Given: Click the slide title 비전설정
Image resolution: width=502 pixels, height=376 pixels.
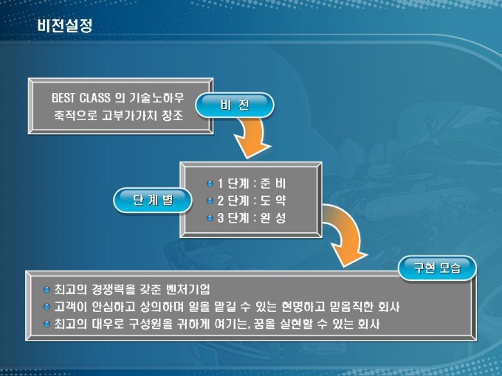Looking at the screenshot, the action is pyautogui.click(x=65, y=26).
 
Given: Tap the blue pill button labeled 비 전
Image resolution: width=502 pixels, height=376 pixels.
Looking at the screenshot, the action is pyautogui.click(x=235, y=105).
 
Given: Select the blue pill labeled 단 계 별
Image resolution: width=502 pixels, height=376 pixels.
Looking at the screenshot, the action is pyautogui.click(x=153, y=200).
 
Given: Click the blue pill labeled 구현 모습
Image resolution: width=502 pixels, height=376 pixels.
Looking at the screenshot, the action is pyautogui.click(x=437, y=268).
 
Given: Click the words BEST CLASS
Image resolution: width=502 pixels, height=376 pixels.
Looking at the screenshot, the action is pyautogui.click(x=80, y=97).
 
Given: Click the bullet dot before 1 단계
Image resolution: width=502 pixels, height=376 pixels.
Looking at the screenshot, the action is pyautogui.click(x=210, y=184).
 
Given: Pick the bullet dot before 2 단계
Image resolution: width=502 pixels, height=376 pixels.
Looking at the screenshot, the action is pyautogui.click(x=210, y=201).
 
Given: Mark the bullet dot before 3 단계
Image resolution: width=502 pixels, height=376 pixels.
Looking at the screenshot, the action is pyautogui.click(x=210, y=218).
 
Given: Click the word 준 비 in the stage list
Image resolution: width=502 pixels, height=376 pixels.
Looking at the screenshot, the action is pyautogui.click(x=272, y=184).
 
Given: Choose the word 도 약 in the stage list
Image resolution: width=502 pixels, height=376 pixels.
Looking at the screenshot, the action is pyautogui.click(x=272, y=201).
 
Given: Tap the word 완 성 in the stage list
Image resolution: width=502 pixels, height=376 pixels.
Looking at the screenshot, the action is pyautogui.click(x=272, y=218).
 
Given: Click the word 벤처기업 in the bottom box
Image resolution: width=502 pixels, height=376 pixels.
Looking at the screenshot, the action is pyautogui.click(x=188, y=289).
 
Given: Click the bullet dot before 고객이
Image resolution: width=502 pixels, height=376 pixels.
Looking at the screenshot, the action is pyautogui.click(x=47, y=307).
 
